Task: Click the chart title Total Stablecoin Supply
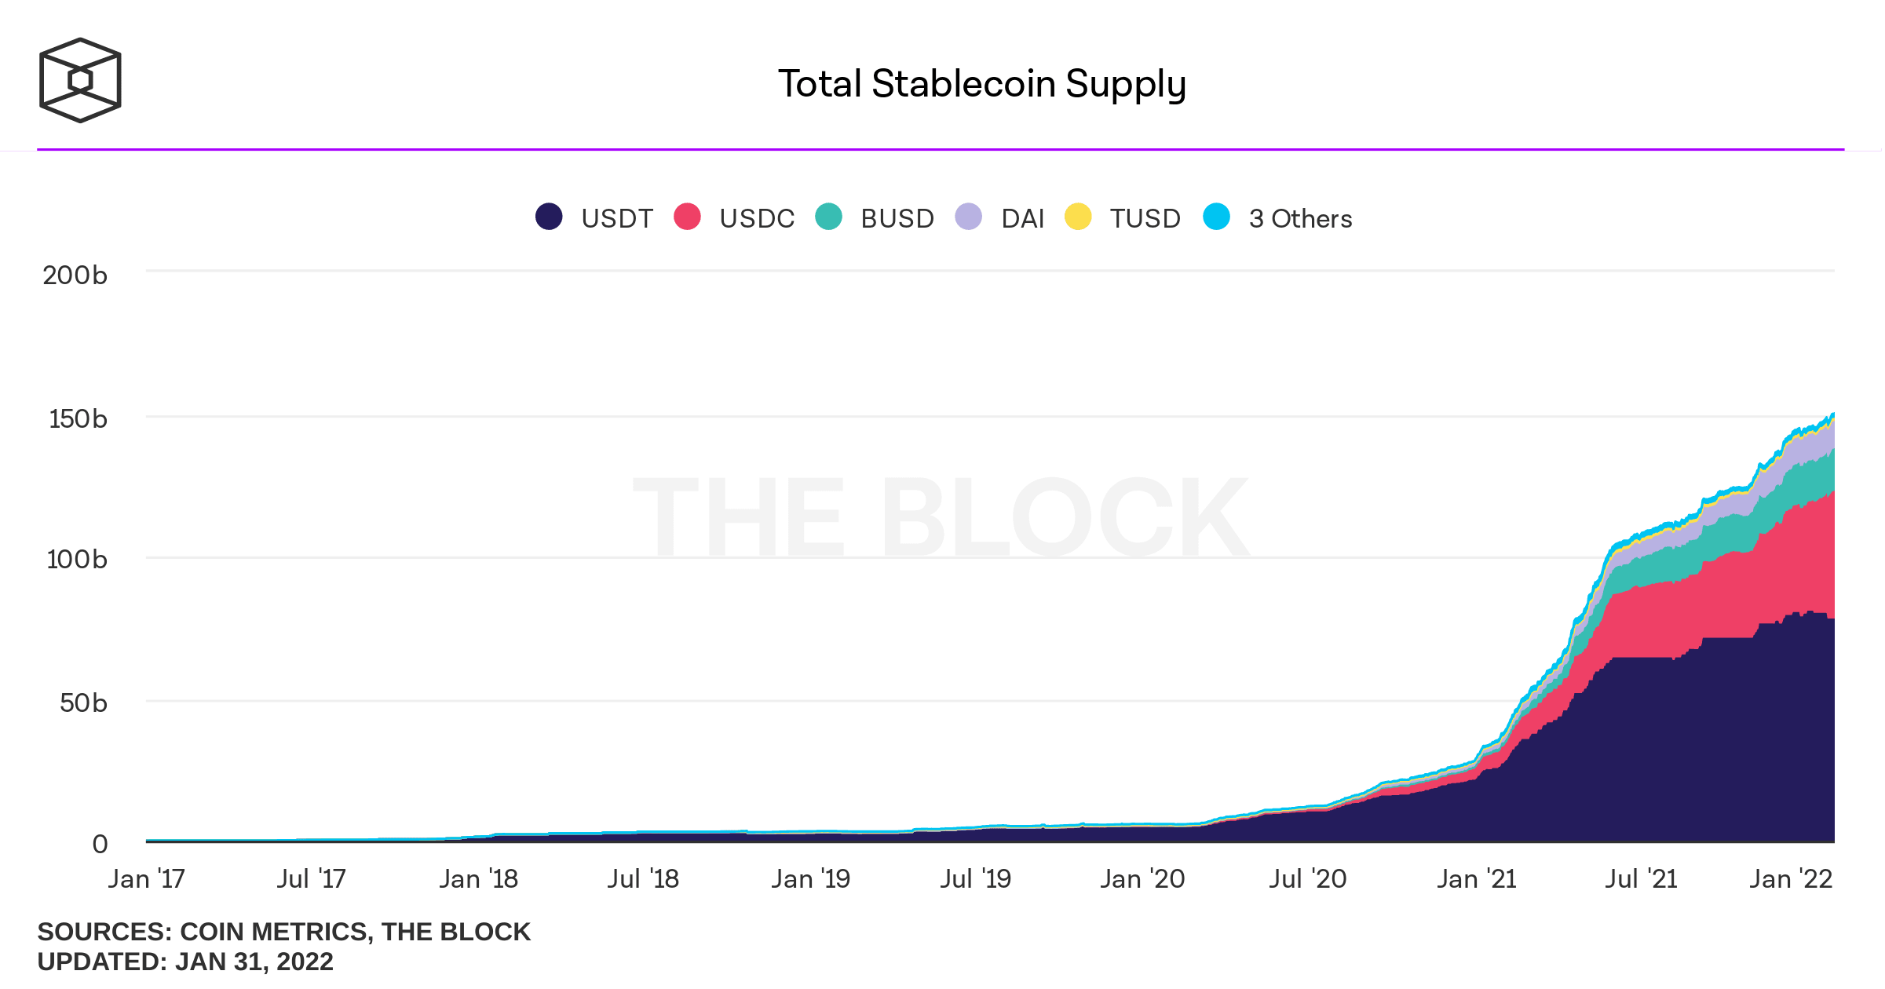tap(981, 84)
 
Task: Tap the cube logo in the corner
tap(80, 80)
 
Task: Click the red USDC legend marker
tap(687, 217)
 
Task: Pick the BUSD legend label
tap(897, 218)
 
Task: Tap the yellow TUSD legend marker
tap(1078, 217)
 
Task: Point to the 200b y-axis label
tap(75, 276)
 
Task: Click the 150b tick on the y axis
tap(78, 419)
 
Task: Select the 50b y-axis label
tap(83, 703)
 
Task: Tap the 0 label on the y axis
tap(100, 845)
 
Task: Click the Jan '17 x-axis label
tap(146, 879)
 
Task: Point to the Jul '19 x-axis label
tap(975, 879)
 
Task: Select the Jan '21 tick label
tap(1476, 879)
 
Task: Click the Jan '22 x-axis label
tap(1790, 879)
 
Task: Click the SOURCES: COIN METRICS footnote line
tap(283, 932)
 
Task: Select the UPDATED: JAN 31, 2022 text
tap(185, 962)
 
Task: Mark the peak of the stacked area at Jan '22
tap(1832, 414)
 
